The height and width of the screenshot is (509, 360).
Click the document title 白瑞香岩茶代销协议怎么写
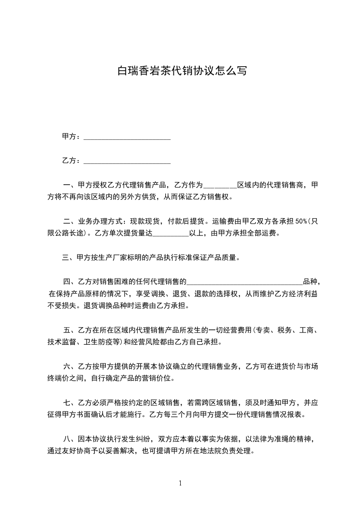(x=182, y=71)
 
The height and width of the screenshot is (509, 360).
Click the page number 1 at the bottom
(x=180, y=483)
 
